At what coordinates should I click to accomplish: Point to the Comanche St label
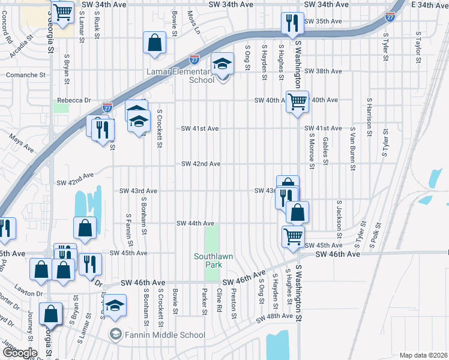[26, 75]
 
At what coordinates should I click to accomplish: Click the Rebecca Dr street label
[73, 100]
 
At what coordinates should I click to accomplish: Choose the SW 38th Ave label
[323, 71]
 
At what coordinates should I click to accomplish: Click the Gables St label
[325, 150]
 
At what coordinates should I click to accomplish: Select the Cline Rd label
[220, 300]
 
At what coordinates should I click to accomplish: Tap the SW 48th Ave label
[275, 316]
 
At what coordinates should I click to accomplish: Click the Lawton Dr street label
[31, 294]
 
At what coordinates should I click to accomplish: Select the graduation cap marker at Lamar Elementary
[223, 63]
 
